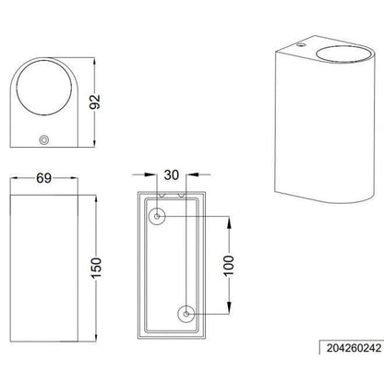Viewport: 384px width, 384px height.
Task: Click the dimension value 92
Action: click(95, 102)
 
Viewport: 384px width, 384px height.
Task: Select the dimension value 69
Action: click(43, 178)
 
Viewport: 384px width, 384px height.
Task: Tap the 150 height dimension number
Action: click(96, 269)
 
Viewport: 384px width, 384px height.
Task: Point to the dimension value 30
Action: click(172, 174)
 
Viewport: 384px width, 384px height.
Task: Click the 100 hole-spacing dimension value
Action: click(229, 266)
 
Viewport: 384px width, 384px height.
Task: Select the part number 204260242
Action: click(354, 348)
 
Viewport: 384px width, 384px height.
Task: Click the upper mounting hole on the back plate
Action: click(157, 217)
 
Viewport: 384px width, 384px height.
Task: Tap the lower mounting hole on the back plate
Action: click(186, 314)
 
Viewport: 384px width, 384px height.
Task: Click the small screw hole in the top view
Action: click(44, 140)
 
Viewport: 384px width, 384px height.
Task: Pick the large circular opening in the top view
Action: click(44, 87)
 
